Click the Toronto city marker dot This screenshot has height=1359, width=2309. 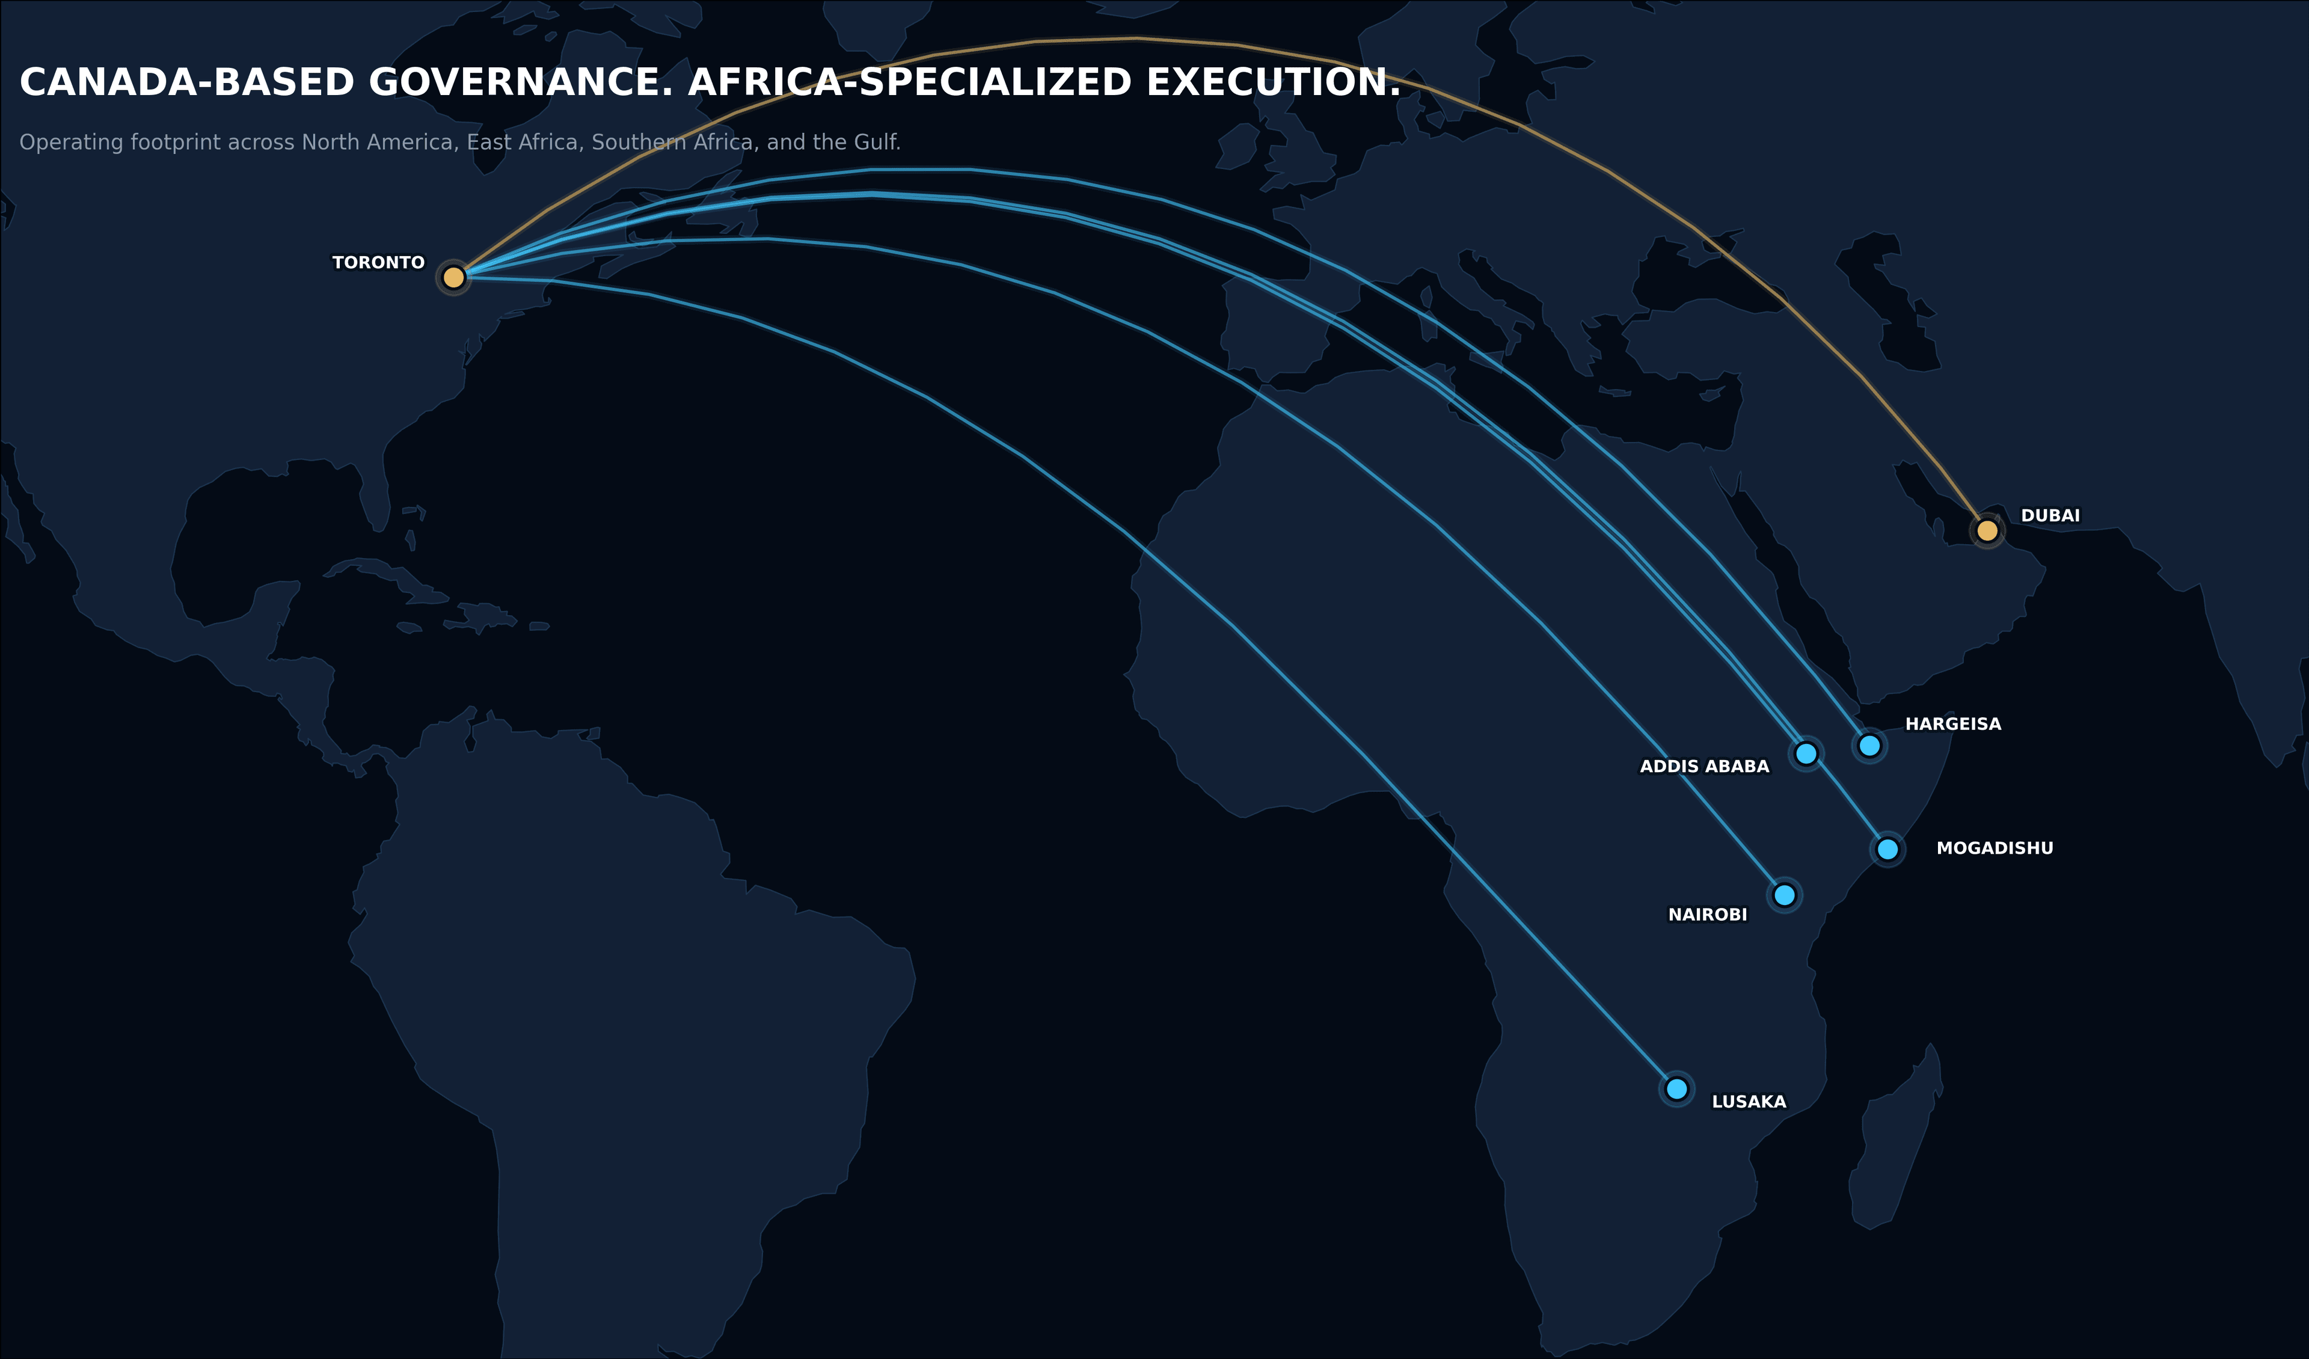[x=453, y=277]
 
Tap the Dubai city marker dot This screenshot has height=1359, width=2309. [x=1987, y=530]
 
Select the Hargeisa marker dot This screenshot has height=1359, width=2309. [x=1869, y=745]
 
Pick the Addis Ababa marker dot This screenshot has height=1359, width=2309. [x=1806, y=753]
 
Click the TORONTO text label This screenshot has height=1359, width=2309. [x=378, y=263]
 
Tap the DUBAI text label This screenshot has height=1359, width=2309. [x=2050, y=516]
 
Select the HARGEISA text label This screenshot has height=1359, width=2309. [x=1952, y=724]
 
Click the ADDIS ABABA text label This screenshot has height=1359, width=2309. [x=1704, y=767]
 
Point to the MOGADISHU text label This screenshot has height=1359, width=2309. [x=1995, y=848]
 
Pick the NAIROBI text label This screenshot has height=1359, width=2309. [x=1707, y=915]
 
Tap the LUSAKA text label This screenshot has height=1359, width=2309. [x=1748, y=1102]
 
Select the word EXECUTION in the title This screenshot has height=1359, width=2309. [x=1273, y=82]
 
